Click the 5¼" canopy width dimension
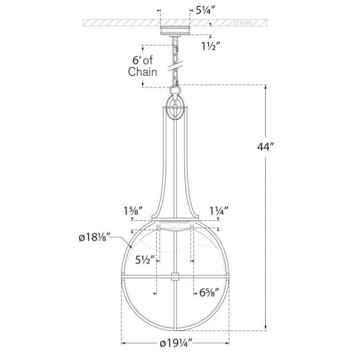pos(205,10)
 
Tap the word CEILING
pos(242,22)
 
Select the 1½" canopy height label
pos(211,46)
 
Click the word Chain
pos(142,71)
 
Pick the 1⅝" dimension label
pos(133,211)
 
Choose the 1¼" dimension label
pos(219,211)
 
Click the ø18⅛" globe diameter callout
pos(95,237)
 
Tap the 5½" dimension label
pos(145,260)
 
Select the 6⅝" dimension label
pos(209,292)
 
